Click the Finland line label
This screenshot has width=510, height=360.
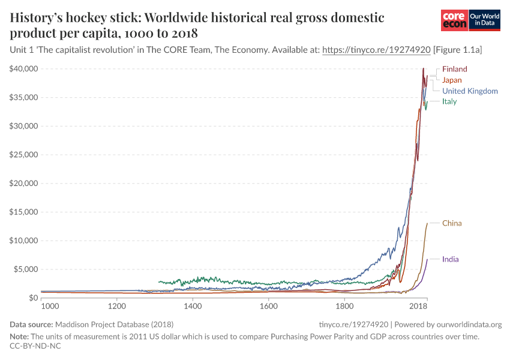[454, 69]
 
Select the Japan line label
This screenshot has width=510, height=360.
[452, 80]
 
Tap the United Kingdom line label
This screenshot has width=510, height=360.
[470, 91]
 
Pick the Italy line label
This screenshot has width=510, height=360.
[449, 101]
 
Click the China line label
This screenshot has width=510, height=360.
[452, 223]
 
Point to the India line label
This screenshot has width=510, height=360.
[450, 259]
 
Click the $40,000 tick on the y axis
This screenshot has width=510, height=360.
[24, 69]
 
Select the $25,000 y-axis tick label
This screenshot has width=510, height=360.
[24, 155]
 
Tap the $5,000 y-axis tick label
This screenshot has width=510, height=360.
[26, 269]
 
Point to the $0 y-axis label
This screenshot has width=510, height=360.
[32, 298]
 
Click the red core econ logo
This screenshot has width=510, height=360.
[454, 20]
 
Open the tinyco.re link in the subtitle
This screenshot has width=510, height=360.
[376, 51]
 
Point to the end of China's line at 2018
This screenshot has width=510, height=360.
[427, 223]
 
